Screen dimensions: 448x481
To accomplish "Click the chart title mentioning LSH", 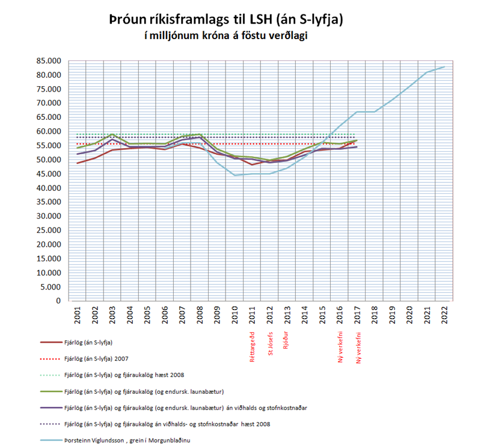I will [225, 19].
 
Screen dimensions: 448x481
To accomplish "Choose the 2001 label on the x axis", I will [78, 315].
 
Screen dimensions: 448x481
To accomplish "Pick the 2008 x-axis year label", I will [200, 315].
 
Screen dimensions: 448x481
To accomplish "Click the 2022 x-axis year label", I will [444, 315].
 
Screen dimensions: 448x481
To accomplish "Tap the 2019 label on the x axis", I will [392, 315].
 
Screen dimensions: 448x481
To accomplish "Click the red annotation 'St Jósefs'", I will [270, 343].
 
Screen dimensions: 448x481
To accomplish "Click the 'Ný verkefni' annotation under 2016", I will [340, 347].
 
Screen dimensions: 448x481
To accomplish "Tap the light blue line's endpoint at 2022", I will [444, 67].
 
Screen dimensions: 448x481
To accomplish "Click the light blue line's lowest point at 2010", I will [235, 175].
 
